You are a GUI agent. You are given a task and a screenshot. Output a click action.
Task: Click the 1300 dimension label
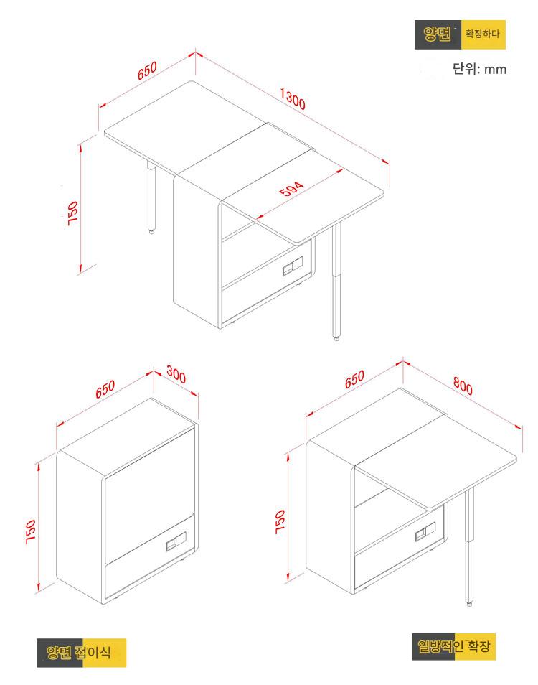pos(293,99)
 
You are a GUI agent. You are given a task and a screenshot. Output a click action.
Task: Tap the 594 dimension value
pos(291,189)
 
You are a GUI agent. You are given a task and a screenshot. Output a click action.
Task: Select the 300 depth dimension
pos(176,375)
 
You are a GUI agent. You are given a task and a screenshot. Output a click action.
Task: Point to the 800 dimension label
pos(463,386)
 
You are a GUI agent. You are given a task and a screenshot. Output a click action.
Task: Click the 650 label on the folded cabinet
pos(105,389)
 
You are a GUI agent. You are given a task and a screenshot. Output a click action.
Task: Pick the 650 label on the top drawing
pos(147,71)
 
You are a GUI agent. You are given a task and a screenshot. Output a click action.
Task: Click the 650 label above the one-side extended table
pos(354,380)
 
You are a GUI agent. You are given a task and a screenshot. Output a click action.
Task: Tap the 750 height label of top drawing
pos(72,213)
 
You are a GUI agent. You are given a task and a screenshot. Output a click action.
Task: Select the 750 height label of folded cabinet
pos(31,531)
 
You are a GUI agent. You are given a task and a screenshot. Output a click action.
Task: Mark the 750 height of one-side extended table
pos(280,521)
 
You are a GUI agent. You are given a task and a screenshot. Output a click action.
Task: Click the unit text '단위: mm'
pos(479,69)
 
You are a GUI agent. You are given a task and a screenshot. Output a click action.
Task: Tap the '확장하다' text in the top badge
pos(482,34)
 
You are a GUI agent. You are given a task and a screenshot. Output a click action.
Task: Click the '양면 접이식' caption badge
pos(81,653)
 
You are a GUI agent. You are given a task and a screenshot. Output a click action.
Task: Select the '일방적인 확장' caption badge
pos(454,646)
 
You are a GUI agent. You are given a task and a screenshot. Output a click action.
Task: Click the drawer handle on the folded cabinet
pos(176,541)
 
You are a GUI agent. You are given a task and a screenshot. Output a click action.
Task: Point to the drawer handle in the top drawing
pos(293,266)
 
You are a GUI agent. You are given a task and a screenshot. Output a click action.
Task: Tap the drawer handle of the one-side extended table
pos(425,531)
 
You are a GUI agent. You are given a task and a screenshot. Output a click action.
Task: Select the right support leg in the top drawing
pos(336,281)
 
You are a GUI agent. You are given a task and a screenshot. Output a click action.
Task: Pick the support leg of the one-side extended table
pos(469,547)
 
